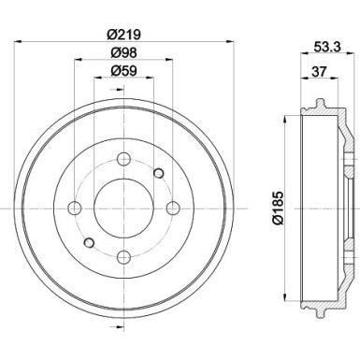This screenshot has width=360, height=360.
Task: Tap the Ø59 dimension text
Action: pyautogui.click(x=125, y=71)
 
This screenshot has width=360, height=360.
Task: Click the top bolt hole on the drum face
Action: pyautogui.click(x=122, y=158)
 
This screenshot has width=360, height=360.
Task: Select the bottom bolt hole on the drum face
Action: pyautogui.click(x=122, y=256)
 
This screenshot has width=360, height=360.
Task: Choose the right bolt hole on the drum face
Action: pyautogui.click(x=171, y=208)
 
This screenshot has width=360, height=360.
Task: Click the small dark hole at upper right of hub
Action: pyautogui.click(x=157, y=171)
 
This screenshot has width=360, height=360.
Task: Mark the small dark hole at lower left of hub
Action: pyautogui.click(x=87, y=243)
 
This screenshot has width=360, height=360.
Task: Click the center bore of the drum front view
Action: pyautogui.click(x=122, y=208)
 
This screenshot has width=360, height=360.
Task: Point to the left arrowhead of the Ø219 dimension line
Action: pyautogui.click(x=22, y=42)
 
